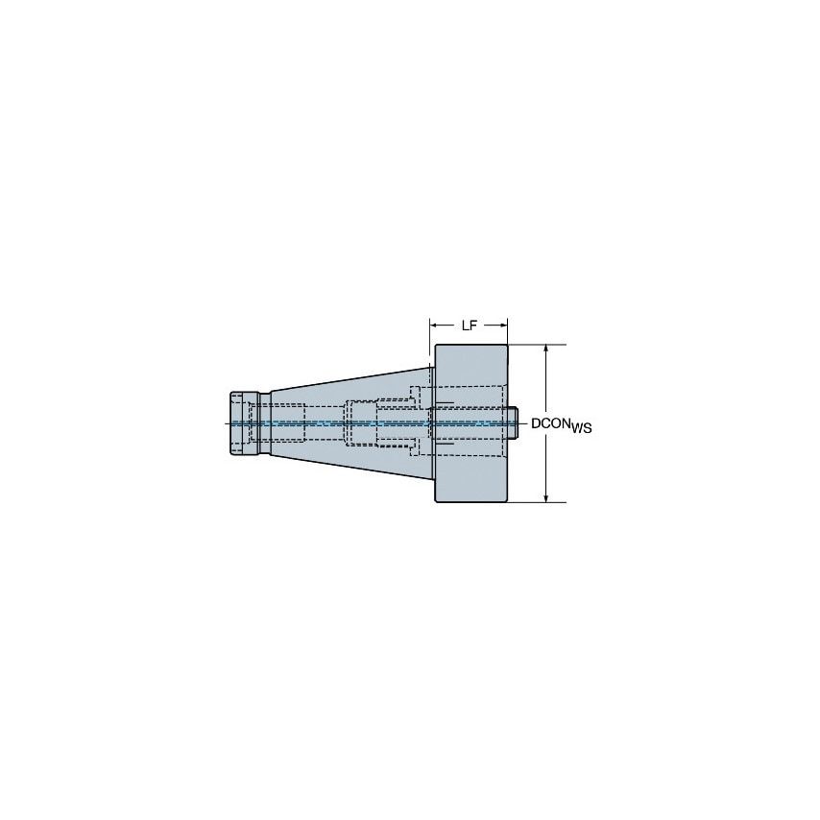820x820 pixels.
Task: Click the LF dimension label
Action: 469,326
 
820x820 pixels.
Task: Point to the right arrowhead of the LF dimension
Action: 503,326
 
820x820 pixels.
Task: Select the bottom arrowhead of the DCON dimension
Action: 546,496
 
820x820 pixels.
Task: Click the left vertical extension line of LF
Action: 429,336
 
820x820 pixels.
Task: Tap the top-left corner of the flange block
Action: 436,346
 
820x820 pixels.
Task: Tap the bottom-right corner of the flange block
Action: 507,501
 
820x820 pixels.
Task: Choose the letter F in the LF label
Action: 473,326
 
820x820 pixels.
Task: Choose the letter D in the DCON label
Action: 536,423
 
